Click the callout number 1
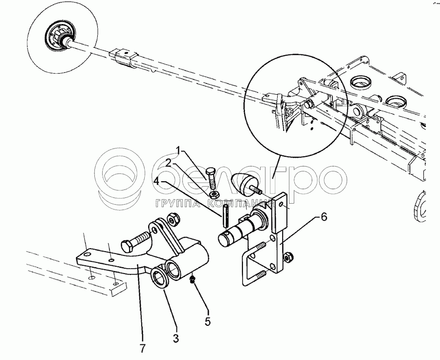pyautogui.click(x=178, y=150)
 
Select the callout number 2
pyautogui.click(x=168, y=163)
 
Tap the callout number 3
pyautogui.click(x=176, y=338)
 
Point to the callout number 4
pyautogui.click(x=157, y=181)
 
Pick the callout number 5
pyautogui.click(x=208, y=321)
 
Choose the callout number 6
pyautogui.click(x=324, y=217)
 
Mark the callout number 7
pyautogui.click(x=143, y=348)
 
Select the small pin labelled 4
pyautogui.click(x=226, y=216)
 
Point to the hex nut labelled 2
pyautogui.click(x=215, y=194)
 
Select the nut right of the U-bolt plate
pyautogui.click(x=287, y=257)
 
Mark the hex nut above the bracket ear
pyautogui.click(x=174, y=219)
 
